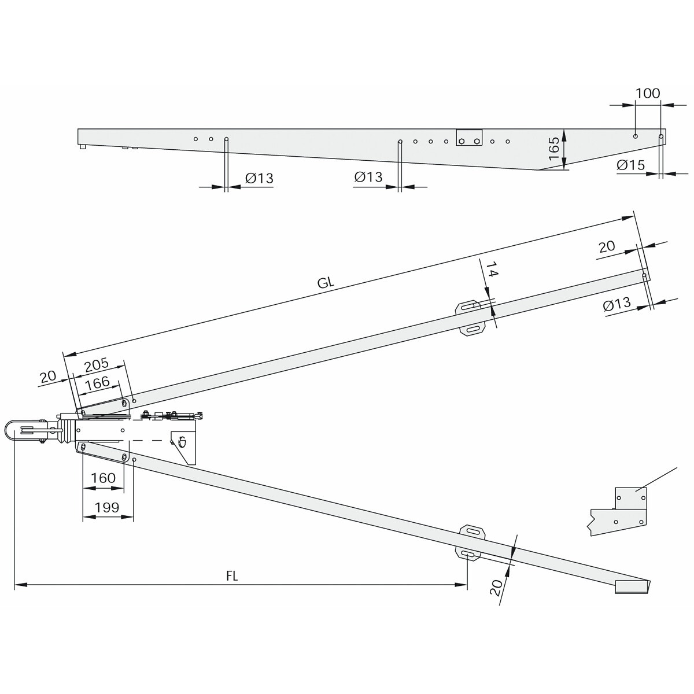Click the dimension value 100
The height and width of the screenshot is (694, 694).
(647, 93)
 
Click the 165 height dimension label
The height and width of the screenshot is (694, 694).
(553, 148)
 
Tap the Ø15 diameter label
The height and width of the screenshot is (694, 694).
(630, 165)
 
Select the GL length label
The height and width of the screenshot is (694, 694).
(326, 282)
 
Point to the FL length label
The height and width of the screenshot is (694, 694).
(232, 576)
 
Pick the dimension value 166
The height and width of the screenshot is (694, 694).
(97, 382)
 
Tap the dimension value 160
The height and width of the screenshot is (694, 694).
(103, 478)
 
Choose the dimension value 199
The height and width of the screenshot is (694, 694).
(106, 507)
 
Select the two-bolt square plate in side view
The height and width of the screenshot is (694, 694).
(469, 138)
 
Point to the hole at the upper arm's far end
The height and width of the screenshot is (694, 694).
(644, 275)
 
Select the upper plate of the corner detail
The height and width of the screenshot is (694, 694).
(630, 498)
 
